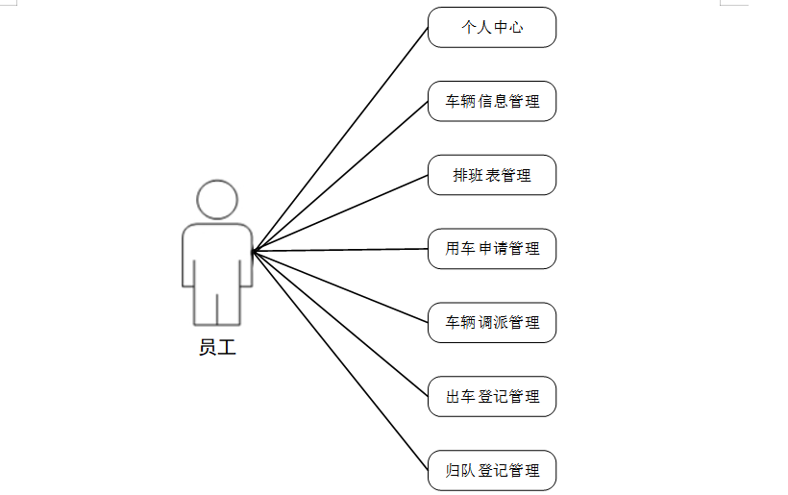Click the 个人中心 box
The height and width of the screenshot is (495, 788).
pyautogui.click(x=492, y=27)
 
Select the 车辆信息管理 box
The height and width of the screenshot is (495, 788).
pyautogui.click(x=492, y=101)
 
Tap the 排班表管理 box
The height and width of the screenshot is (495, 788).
pyautogui.click(x=492, y=175)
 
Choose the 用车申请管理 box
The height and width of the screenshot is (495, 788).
pyautogui.click(x=492, y=249)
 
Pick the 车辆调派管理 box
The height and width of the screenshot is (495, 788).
pyautogui.click(x=492, y=322)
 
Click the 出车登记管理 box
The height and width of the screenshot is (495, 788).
pyautogui.click(x=492, y=396)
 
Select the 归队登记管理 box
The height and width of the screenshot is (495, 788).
pyautogui.click(x=492, y=470)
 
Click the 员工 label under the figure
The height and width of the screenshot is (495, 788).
pyautogui.click(x=217, y=347)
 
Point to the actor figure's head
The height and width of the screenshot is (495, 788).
pyautogui.click(x=217, y=199)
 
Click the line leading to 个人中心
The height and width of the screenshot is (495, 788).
pyautogui.click(x=340, y=139)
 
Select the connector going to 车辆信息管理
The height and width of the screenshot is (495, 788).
pyautogui.click(x=340, y=177)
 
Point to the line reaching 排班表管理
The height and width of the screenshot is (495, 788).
pyautogui.click(x=340, y=213)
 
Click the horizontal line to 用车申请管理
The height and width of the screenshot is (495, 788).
pyautogui.click(x=340, y=250)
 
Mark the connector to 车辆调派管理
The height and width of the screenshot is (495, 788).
pyautogui.click(x=340, y=286)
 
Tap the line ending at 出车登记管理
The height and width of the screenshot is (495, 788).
pyautogui.click(x=340, y=324)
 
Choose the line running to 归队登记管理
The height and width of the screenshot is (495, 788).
pyautogui.click(x=340, y=360)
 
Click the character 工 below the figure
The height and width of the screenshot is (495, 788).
pyautogui.click(x=227, y=347)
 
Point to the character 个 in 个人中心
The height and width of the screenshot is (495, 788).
pyautogui.click(x=468, y=27)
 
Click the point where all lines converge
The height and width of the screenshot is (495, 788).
pyautogui.click(x=254, y=252)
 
